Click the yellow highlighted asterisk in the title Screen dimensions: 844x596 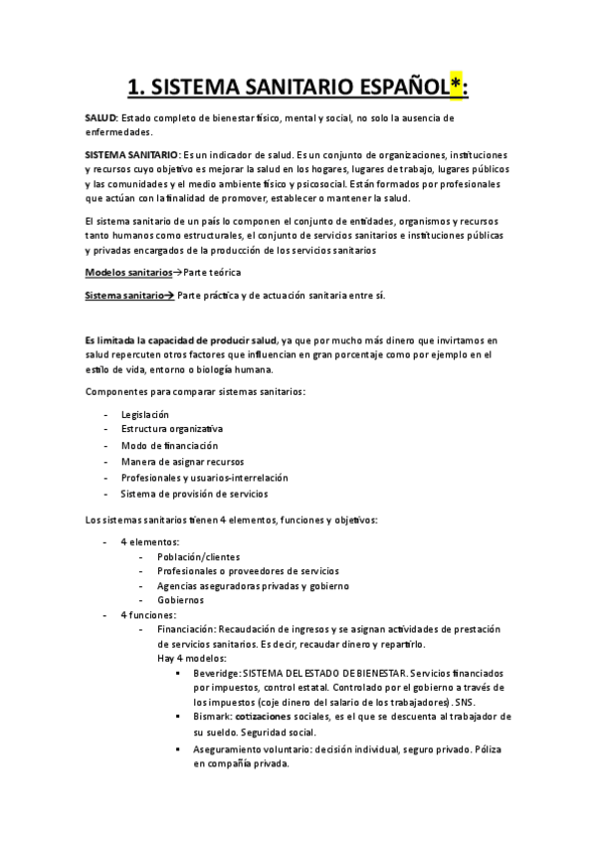tap(455, 87)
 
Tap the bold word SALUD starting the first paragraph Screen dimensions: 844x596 tap(100, 118)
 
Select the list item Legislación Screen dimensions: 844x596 tap(145, 414)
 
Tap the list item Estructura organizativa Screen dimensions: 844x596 tap(172, 430)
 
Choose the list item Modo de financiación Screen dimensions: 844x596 tap(169, 446)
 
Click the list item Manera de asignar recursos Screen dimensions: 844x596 tap(182, 462)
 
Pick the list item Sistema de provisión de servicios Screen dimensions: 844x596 tap(194, 494)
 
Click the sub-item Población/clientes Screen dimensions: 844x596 tap(198, 557)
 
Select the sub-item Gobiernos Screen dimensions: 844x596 tap(180, 600)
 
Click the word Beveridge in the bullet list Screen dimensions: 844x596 tap(216, 674)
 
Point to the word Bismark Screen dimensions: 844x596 tap(212, 717)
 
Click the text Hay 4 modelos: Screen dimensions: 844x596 tap(192, 659)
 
